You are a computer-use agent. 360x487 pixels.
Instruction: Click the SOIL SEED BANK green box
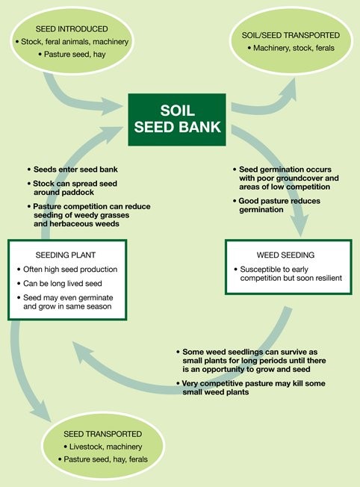[x=177, y=120]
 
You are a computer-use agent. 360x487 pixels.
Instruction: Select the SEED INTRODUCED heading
[x=72, y=29]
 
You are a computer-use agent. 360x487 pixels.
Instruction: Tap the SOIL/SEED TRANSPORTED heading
[x=291, y=35]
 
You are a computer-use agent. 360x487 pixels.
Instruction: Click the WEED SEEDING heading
[x=285, y=255]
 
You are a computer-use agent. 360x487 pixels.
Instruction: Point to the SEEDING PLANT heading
[x=66, y=255]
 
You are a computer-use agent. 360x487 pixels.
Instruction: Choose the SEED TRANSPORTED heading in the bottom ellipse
[x=103, y=434]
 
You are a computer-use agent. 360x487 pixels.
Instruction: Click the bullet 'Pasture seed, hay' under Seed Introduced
[x=72, y=55]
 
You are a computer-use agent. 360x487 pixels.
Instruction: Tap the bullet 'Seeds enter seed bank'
[x=72, y=170]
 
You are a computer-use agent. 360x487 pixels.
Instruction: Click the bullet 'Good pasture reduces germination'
[x=277, y=205]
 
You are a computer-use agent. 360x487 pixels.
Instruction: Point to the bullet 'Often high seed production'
[x=67, y=270]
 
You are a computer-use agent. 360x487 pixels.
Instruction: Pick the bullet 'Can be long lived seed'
[x=60, y=284]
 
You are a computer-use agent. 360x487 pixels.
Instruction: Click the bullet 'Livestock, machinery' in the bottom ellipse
[x=103, y=447]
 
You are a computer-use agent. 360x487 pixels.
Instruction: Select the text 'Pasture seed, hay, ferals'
[x=103, y=459]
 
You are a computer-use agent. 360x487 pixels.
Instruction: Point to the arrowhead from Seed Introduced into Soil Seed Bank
[x=112, y=107]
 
